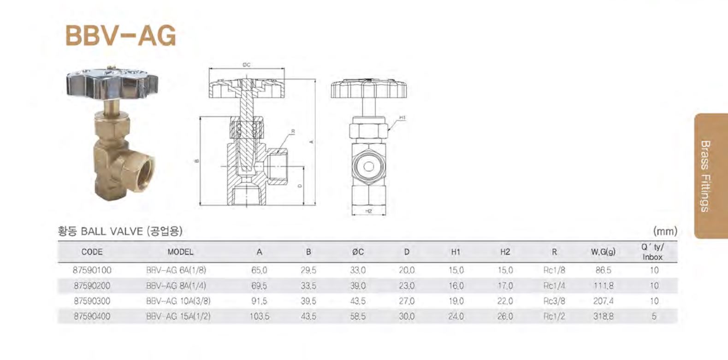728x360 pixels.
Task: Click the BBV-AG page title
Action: pos(121,36)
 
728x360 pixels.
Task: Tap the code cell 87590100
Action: pos(92,270)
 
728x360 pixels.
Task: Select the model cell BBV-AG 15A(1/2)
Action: pos(178,317)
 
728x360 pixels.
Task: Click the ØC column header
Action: pos(358,252)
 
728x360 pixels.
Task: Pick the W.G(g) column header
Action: pos(603,252)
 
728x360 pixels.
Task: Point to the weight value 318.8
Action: pos(603,317)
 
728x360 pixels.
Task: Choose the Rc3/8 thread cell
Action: pos(554,301)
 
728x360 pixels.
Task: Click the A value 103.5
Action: pos(260,317)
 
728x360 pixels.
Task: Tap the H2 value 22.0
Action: pos(505,301)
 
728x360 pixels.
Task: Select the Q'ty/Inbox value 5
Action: pos(654,317)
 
